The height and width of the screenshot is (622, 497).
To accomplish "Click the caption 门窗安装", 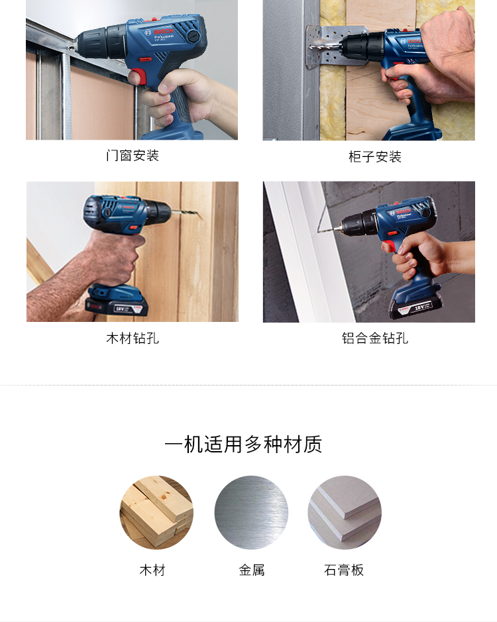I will coord(133,156).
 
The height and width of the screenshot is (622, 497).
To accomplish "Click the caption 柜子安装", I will coord(375,157).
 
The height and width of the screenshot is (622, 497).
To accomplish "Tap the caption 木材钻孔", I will coord(133,338).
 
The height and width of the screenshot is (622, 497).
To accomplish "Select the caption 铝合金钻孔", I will coord(375,338).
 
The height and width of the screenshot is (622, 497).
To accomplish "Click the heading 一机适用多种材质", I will coord(243,444).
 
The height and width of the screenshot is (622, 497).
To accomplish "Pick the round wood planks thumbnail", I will coord(156,512).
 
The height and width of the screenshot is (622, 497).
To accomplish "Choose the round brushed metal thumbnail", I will coord(251,512).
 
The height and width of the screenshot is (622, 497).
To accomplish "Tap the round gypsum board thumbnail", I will coord(345,512).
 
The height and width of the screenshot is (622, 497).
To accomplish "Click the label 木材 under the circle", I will coord(152,570).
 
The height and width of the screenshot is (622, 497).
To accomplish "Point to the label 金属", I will coord(252,570).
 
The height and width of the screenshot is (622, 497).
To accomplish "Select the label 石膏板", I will coord(344,570).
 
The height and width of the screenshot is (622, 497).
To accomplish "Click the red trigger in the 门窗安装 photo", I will coord(137,76).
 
